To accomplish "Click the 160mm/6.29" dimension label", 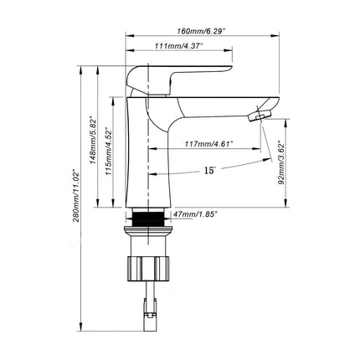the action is pos(201,31).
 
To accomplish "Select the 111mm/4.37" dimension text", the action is pos(178,46).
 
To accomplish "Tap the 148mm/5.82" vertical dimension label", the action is pos(93,140).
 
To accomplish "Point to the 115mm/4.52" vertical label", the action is pos(108,151).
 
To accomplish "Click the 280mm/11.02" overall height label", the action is pos(76,195).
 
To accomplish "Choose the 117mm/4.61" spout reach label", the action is pos(208,144).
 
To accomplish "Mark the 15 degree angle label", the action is pos(210,170).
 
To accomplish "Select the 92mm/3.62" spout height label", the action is pos(281,163).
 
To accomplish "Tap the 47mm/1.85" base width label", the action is pos(195,214).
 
